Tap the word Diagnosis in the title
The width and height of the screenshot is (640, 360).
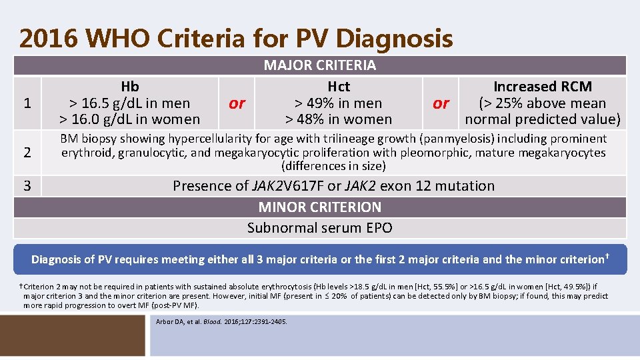pos(394,39)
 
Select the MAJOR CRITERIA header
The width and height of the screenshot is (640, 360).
pos(320,65)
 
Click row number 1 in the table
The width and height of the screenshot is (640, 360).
pos(27,103)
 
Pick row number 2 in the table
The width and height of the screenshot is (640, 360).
pos(27,152)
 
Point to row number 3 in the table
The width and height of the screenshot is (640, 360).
pos(27,185)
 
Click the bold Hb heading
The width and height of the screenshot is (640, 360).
pos(130,87)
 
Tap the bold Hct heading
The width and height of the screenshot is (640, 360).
pos(339,87)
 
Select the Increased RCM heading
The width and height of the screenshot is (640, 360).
pos(542,87)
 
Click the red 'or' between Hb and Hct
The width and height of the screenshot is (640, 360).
pos(237,103)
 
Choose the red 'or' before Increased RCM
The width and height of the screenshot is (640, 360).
pos(441,103)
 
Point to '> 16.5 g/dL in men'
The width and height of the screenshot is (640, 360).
pos(130,103)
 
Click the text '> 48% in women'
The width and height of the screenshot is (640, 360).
pos(339,119)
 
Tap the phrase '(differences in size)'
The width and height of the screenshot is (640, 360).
pos(333,166)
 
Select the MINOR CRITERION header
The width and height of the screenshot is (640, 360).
pos(320,207)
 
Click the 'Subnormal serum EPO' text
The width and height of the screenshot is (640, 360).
pos(320,228)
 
